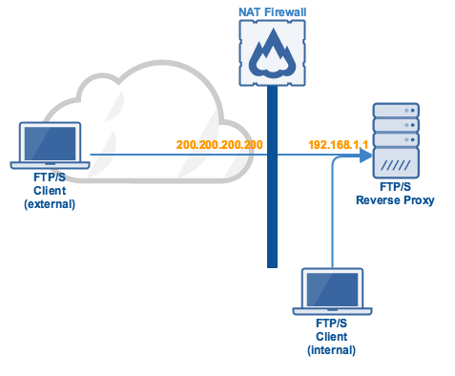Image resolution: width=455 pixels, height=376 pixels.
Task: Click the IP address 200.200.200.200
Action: (219, 144)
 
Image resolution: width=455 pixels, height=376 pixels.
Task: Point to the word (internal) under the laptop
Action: (331, 350)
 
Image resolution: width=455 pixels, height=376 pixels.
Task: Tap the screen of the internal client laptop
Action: (331, 288)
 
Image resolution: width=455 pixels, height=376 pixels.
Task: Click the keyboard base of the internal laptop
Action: (331, 312)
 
